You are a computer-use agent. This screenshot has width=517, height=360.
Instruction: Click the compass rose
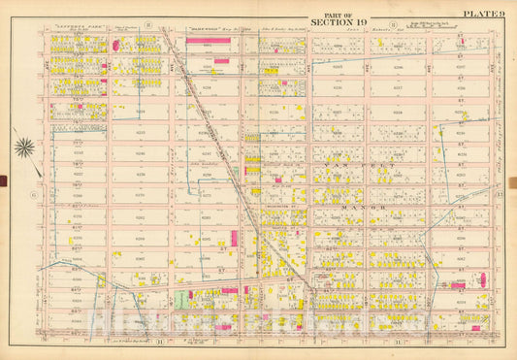click(24, 147)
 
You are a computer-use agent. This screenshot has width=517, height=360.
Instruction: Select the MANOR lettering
click(343, 207)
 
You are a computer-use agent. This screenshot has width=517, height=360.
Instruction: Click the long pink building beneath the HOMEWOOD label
click(221, 60)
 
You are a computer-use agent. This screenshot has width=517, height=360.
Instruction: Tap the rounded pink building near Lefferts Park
click(117, 44)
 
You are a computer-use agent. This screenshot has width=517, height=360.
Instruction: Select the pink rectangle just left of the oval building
click(457, 285)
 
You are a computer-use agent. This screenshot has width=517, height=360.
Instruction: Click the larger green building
click(180, 299)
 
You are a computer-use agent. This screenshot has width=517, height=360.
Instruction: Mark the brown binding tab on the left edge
click(3, 180)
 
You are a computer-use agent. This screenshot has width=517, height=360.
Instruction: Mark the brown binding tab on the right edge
click(513, 180)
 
